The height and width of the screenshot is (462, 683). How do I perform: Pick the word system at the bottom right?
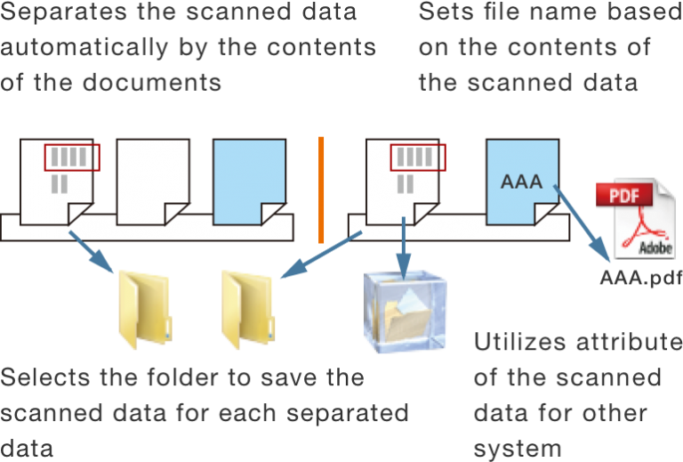point(518,449)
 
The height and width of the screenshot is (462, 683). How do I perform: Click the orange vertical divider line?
point(321,189)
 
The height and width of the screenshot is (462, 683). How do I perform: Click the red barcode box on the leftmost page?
point(72,157)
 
